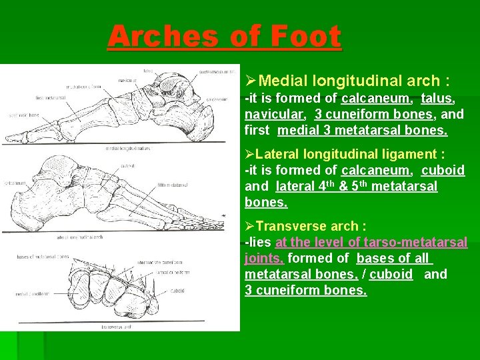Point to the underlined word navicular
pos(275,114)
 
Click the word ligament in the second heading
pos(408,155)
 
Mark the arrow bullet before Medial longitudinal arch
pos(251,81)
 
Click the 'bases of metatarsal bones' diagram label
pos(43,256)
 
